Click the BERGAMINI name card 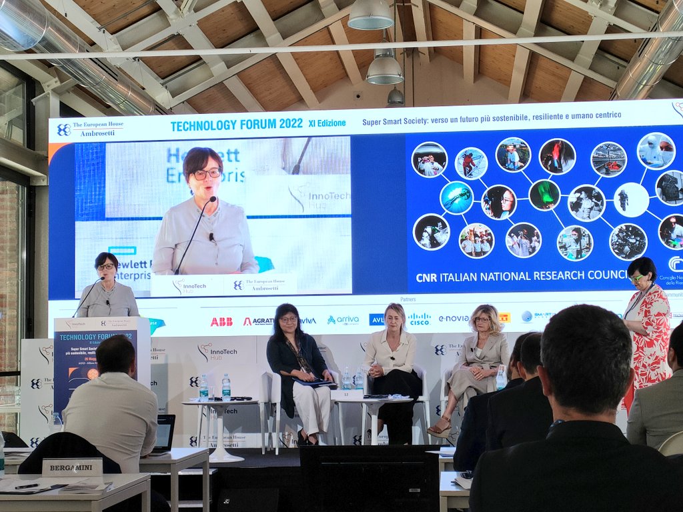(x=72, y=467)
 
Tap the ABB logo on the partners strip (x=221, y=321)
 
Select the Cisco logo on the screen (x=419, y=319)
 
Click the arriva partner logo (x=343, y=320)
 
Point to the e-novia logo (x=454, y=319)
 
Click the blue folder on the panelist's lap (x=313, y=383)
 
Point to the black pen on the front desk (x=27, y=486)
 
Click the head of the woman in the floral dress (x=641, y=271)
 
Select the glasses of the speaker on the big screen (x=207, y=173)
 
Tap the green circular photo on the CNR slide (x=544, y=195)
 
